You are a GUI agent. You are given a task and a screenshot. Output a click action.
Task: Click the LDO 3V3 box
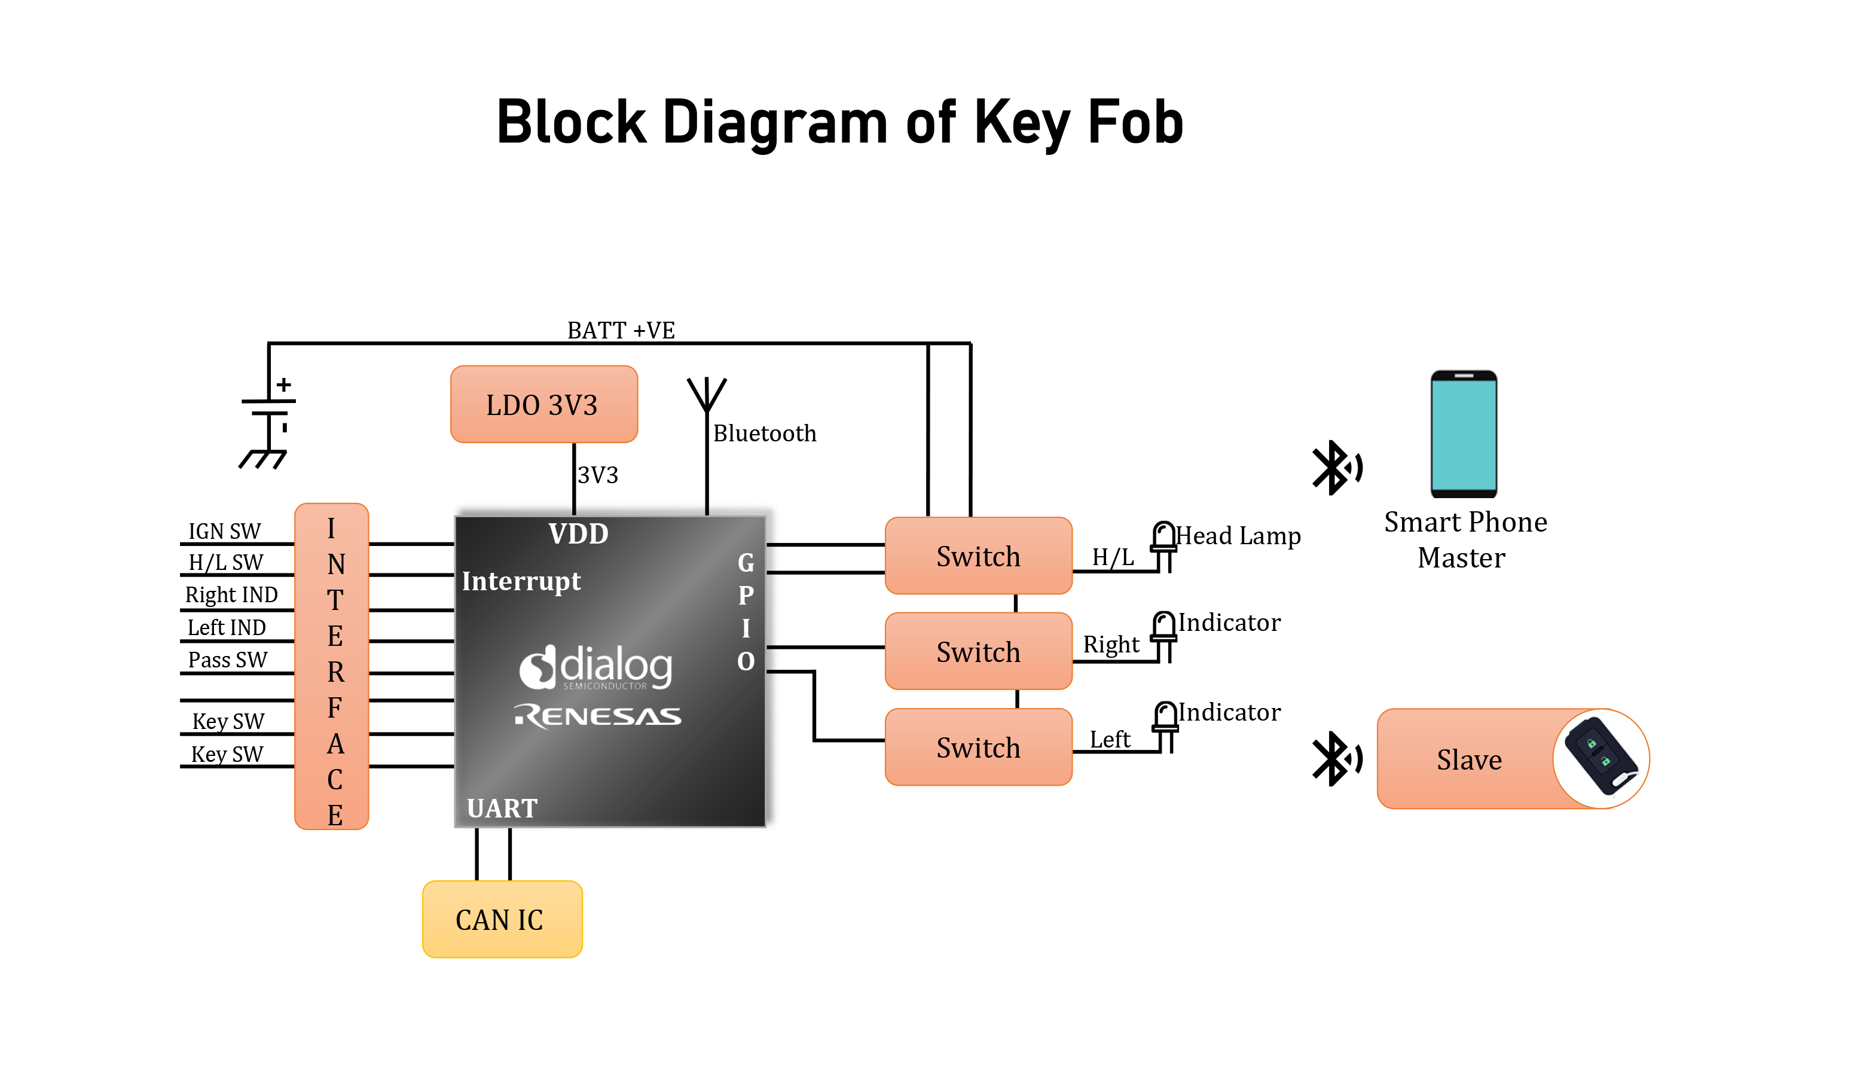click(544, 404)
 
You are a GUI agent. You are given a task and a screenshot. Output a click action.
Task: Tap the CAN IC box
click(502, 919)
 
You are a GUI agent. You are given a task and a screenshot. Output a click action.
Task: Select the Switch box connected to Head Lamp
click(978, 556)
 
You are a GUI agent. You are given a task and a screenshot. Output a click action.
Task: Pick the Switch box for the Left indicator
click(978, 747)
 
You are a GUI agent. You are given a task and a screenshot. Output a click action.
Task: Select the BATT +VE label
click(621, 330)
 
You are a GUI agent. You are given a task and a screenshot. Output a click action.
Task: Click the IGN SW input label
click(224, 531)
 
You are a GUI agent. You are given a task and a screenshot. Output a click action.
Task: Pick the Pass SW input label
click(227, 660)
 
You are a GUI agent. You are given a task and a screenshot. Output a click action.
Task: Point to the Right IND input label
click(231, 594)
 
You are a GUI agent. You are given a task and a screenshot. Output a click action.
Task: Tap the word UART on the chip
click(502, 808)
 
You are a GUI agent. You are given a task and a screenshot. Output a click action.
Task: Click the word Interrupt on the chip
click(521, 581)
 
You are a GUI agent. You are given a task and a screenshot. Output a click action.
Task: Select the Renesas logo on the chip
click(598, 715)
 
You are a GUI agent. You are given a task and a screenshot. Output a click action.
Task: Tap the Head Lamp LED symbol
click(1163, 545)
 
